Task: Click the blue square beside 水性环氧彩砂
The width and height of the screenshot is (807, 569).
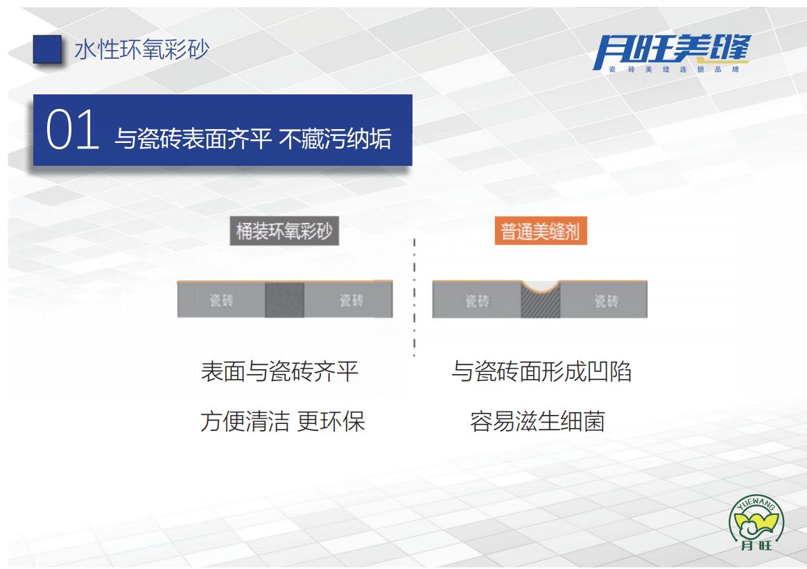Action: [47, 49]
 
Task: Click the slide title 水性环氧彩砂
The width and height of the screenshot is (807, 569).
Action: [142, 50]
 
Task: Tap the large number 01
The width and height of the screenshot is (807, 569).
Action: [73, 129]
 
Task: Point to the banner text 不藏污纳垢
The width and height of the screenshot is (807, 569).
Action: [335, 139]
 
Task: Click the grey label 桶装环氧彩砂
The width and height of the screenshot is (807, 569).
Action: [284, 230]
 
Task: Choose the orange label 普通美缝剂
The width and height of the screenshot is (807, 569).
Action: [540, 231]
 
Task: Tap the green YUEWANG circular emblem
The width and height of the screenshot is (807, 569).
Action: [756, 523]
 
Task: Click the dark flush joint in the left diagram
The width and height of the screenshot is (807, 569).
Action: [285, 300]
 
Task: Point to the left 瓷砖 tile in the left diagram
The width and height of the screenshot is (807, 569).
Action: [221, 300]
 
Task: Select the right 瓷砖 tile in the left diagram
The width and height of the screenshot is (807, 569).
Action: [349, 300]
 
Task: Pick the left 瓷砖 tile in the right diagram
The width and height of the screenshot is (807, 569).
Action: [476, 300]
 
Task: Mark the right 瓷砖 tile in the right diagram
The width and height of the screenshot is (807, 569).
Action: [604, 300]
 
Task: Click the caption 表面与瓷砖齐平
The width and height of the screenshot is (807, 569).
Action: [279, 372]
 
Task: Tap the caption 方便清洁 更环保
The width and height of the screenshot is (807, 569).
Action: [283, 421]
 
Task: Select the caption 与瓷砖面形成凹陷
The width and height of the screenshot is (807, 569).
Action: [541, 372]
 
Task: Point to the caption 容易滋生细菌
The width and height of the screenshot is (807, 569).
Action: [537, 421]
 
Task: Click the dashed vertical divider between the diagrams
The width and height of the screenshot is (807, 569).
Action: [415, 297]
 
